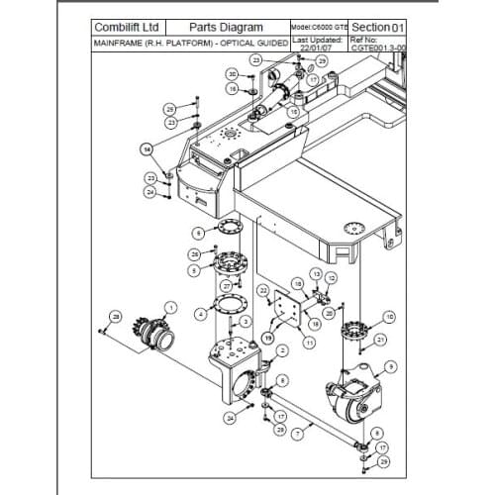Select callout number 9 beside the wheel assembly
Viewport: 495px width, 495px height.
[391, 366]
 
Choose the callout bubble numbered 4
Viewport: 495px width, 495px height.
[201, 314]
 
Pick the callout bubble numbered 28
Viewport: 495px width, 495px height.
[116, 316]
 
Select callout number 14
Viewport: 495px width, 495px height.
[146, 149]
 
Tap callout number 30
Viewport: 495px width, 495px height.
[231, 74]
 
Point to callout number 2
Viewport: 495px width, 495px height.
[282, 349]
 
